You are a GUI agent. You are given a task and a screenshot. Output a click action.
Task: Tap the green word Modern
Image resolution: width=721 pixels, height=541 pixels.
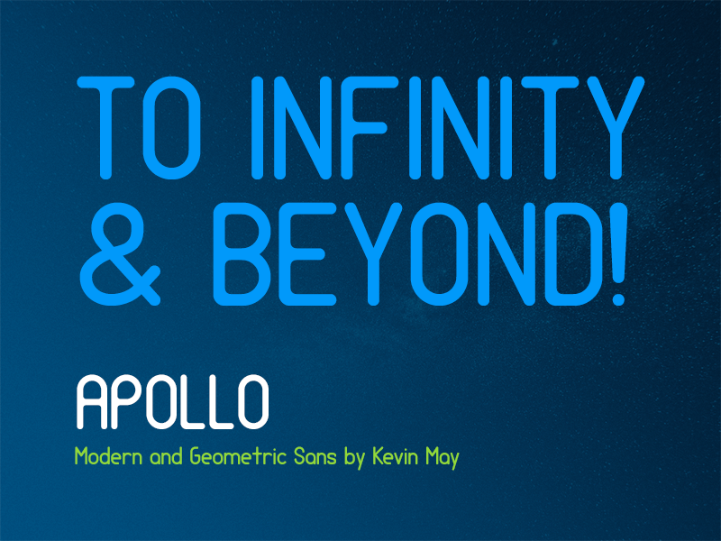point(105,457)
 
